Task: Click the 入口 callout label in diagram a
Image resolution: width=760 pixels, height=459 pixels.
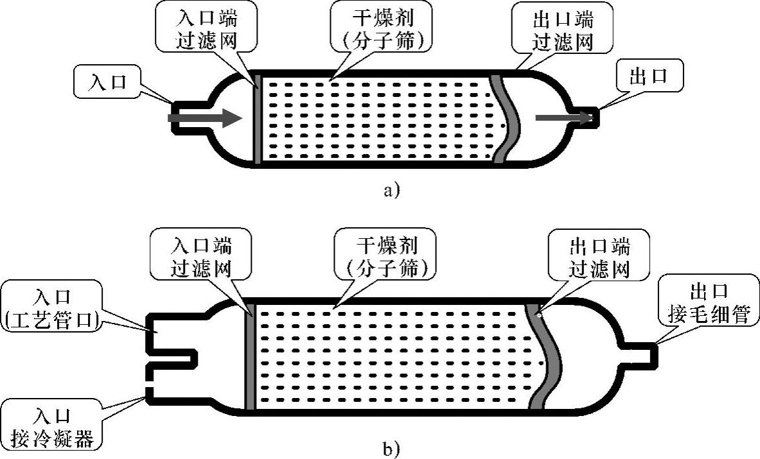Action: [107, 83]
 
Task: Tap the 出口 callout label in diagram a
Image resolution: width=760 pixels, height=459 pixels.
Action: [648, 76]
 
